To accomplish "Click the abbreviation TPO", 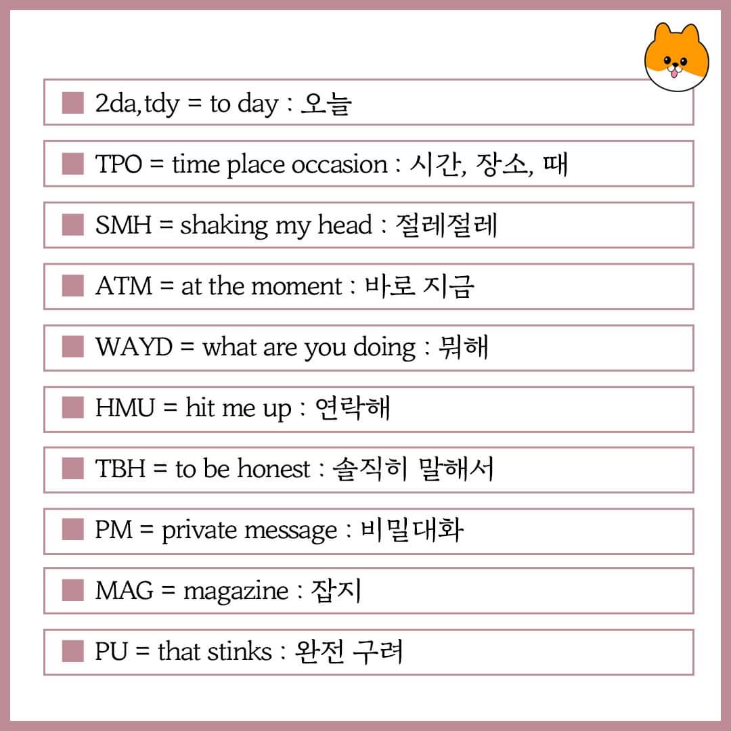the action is [118, 164].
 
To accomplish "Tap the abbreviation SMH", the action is [123, 225].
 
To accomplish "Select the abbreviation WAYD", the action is [134, 347].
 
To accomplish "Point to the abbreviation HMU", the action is [125, 407].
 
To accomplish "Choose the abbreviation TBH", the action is [120, 468].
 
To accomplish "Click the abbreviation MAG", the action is [124, 590].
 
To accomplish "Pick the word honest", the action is [274, 468].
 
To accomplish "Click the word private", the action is [199, 531].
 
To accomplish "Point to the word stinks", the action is [240, 651].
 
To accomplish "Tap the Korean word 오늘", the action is [326, 104].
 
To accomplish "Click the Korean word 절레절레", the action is [447, 225].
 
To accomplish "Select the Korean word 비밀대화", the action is [412, 529].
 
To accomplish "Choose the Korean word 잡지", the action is [336, 591].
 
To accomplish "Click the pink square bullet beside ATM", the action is [72, 286].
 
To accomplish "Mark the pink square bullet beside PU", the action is [72, 651].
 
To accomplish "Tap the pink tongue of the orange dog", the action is [673, 73].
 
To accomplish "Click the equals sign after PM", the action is [146, 529].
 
